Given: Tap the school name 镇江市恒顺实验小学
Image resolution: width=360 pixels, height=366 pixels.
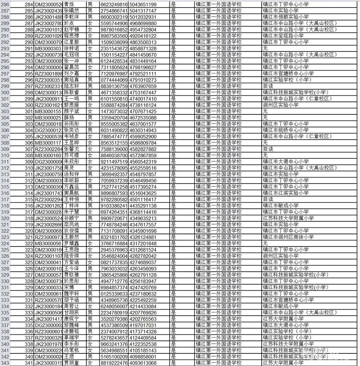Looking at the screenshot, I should click(x=286, y=17).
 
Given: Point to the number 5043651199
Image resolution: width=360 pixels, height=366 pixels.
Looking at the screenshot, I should click(x=143, y=4).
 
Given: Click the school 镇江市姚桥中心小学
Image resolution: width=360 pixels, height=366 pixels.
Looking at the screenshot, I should click(x=286, y=130).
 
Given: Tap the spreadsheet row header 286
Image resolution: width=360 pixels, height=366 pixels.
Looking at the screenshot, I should click(x=5, y=4).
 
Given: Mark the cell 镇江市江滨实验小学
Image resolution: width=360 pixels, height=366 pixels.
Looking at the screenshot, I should click(x=286, y=193).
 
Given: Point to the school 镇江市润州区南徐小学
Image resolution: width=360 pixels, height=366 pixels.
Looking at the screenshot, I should click(x=288, y=237).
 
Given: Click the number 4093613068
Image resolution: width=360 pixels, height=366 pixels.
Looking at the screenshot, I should click(x=143, y=363).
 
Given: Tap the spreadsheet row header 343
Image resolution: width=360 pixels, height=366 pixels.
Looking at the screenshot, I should click(x=5, y=363).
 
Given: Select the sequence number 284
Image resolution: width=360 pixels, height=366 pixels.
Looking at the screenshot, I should click(x=29, y=4).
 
